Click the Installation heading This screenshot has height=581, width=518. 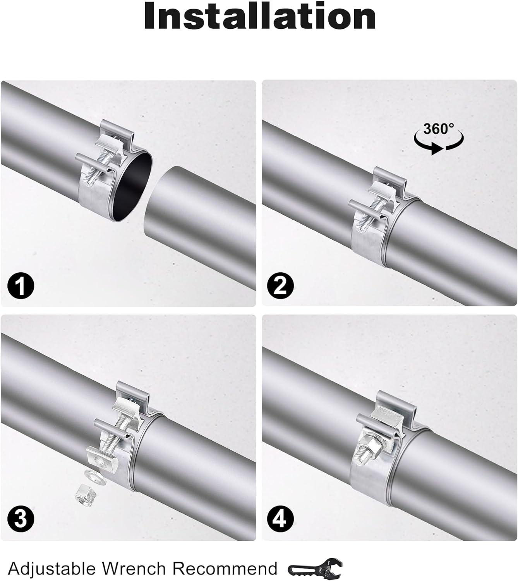259,16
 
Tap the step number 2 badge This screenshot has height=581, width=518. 280,285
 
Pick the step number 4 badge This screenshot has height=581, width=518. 280,518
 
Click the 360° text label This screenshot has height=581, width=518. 438,129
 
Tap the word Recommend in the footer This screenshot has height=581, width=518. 225,569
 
